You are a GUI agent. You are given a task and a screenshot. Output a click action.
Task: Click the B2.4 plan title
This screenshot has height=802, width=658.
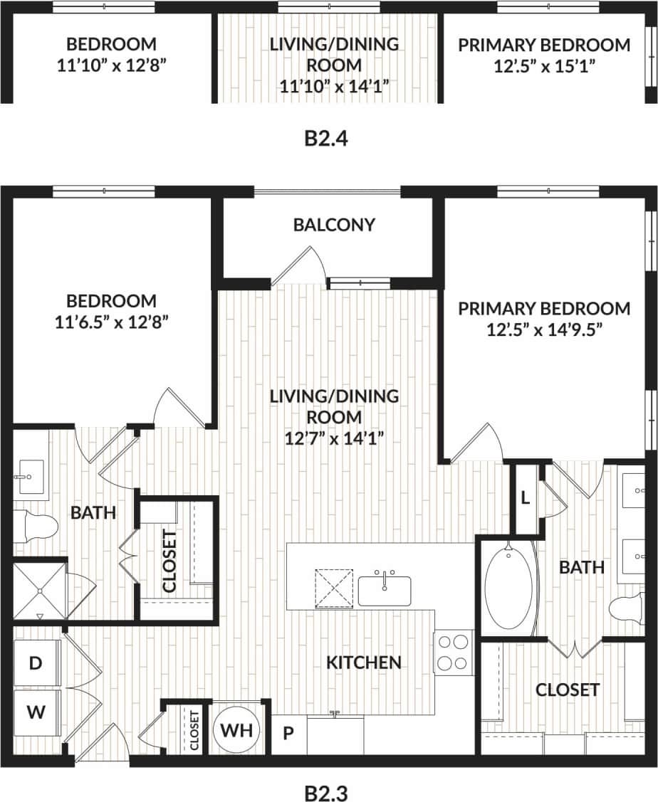click(328, 137)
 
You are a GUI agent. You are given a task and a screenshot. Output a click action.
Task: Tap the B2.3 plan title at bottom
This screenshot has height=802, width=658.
click(328, 791)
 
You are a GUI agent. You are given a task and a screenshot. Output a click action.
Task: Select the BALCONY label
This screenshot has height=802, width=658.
click(334, 225)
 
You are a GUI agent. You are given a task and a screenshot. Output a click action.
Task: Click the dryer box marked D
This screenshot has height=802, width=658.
click(35, 663)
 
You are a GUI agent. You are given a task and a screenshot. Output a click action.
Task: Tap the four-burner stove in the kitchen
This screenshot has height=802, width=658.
click(454, 652)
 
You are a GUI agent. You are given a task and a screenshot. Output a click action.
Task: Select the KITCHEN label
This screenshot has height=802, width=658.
click(363, 663)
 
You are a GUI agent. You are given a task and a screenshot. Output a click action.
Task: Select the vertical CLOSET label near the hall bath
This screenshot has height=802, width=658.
click(169, 559)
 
